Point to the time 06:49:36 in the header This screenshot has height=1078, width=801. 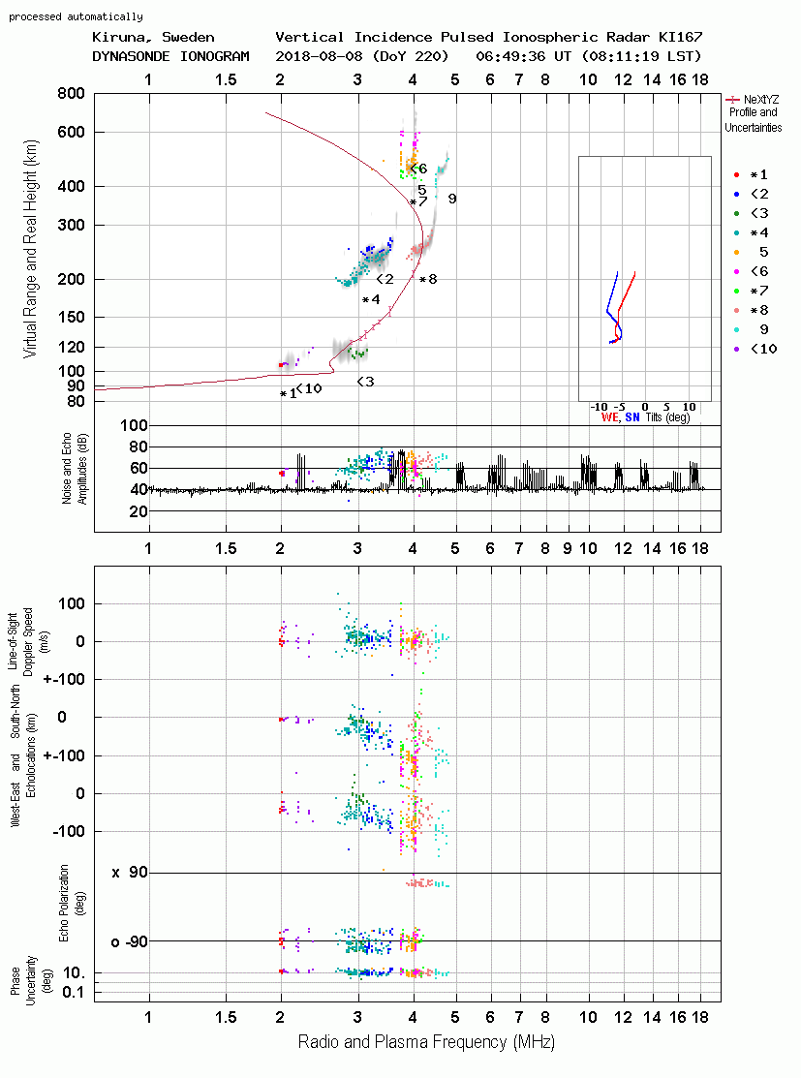point(509,55)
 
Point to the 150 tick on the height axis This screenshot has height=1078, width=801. point(72,317)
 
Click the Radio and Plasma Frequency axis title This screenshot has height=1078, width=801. point(426,1042)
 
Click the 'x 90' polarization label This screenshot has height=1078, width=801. point(129,873)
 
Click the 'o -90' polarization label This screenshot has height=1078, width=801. point(129,941)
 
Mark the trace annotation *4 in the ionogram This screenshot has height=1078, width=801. point(371,299)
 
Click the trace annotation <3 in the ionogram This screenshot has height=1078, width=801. point(365,382)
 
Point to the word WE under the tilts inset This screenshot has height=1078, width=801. point(610,416)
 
